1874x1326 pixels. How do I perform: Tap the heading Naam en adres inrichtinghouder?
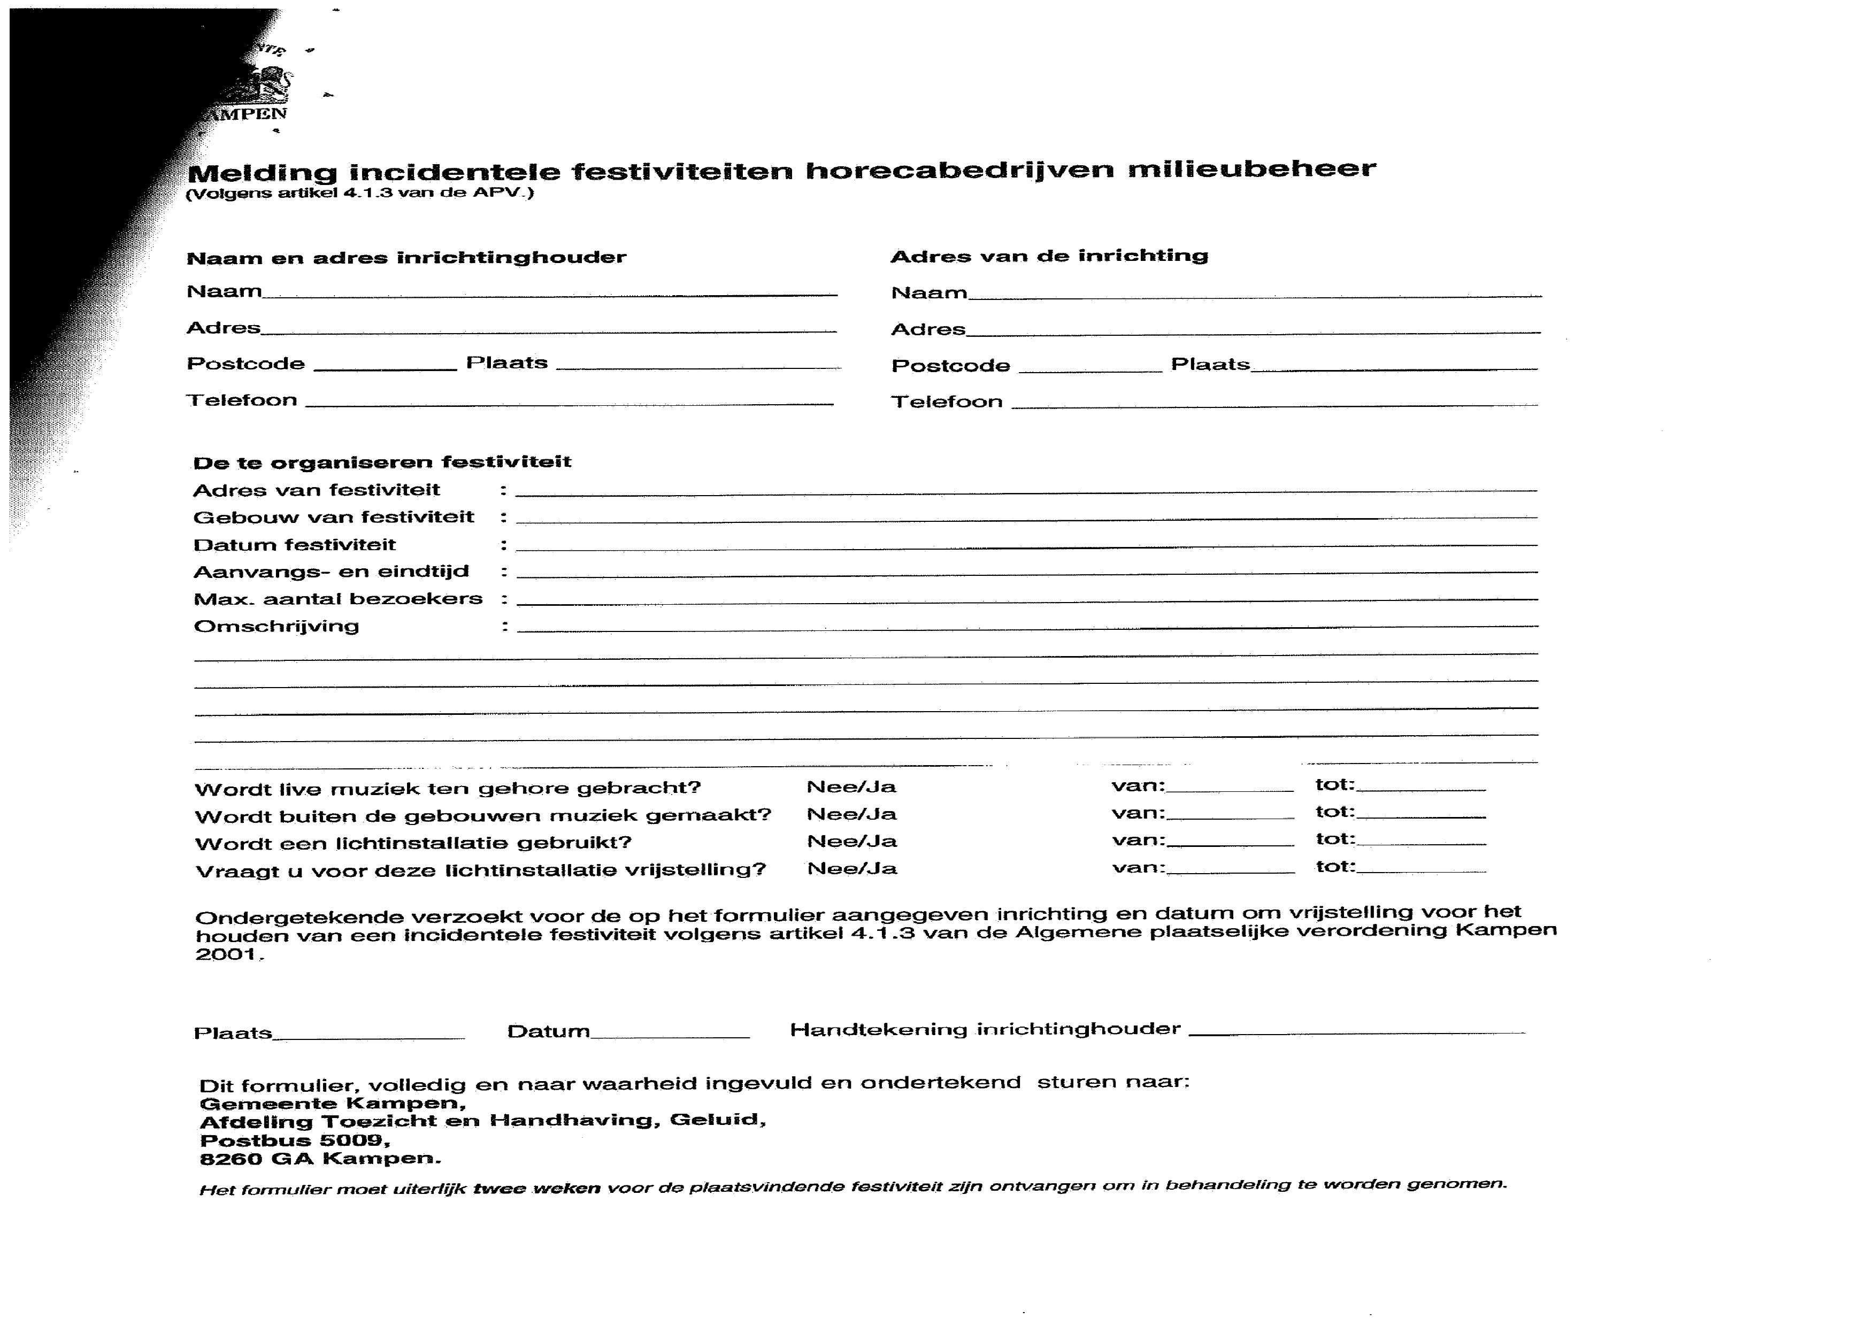pos(406,258)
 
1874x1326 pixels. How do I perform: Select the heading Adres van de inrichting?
pos(1048,256)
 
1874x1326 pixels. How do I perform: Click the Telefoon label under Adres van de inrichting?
pos(947,402)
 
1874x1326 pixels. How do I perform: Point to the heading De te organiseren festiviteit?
pos(381,462)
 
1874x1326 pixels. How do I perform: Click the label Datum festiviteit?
pos(294,545)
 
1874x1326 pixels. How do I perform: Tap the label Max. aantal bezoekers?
pos(337,599)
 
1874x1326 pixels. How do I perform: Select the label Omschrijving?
pos(276,626)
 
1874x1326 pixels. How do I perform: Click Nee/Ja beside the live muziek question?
pos(851,787)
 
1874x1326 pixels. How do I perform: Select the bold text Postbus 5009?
pos(294,1140)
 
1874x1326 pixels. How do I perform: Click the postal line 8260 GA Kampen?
pos(320,1159)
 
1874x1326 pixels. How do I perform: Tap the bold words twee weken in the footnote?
pos(536,1189)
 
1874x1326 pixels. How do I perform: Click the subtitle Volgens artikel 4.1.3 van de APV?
pos(359,194)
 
